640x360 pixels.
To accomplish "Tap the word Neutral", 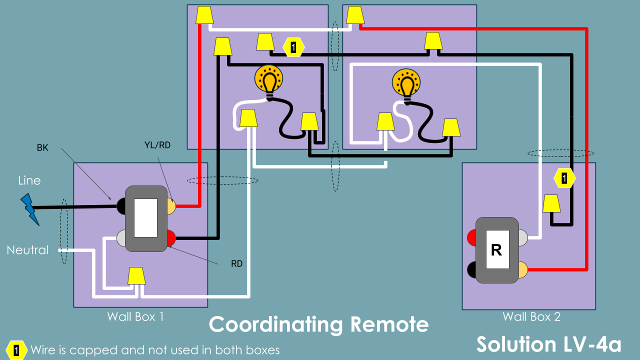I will [x=27, y=250].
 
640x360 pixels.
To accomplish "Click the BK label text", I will [x=42, y=148].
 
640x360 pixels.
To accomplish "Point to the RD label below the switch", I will [x=236, y=263].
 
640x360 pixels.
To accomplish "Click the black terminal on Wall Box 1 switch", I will [x=121, y=205].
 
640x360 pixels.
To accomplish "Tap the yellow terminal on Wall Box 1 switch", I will [x=170, y=206].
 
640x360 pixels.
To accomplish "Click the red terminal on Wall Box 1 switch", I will [x=170, y=237].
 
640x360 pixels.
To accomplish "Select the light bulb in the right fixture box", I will [x=406, y=84].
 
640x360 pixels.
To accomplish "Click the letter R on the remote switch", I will [x=496, y=250].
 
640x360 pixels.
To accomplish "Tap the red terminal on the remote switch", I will [x=472, y=238].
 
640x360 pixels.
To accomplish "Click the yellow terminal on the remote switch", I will [x=522, y=270].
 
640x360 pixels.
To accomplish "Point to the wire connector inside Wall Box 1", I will [x=136, y=276].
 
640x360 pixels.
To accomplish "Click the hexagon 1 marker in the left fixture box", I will [x=294, y=47].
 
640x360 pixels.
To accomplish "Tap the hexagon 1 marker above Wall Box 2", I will [x=564, y=177].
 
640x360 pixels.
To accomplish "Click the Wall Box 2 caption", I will [x=531, y=316].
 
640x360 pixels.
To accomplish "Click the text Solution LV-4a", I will [x=548, y=344].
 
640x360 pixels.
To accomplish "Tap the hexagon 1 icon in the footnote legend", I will [x=16, y=350].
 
